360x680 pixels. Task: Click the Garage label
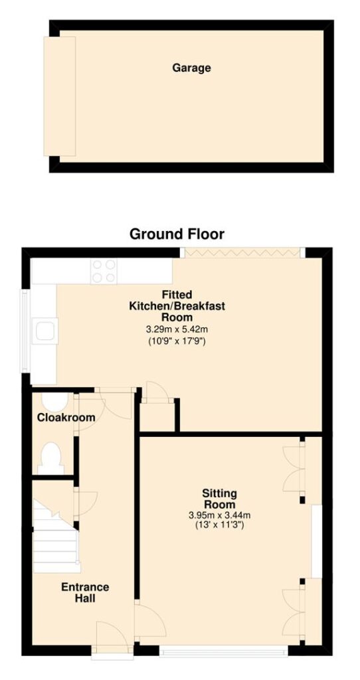pos(191,68)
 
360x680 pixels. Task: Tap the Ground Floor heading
pos(177,234)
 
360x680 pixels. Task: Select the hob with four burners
pos(104,271)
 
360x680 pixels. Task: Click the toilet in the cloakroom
pos(50,458)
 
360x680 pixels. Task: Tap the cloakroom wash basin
pos(54,402)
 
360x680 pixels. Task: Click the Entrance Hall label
pos(85,593)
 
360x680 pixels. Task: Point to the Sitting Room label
pos(220,499)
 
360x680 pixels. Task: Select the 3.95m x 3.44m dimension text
pos(220,515)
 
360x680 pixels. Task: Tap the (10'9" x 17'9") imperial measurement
pos(176,341)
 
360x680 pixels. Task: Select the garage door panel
pos(59,96)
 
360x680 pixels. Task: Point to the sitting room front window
pos(223,651)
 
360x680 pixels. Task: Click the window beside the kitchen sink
pos(26,331)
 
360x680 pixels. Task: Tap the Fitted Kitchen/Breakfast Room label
pos(176,305)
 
